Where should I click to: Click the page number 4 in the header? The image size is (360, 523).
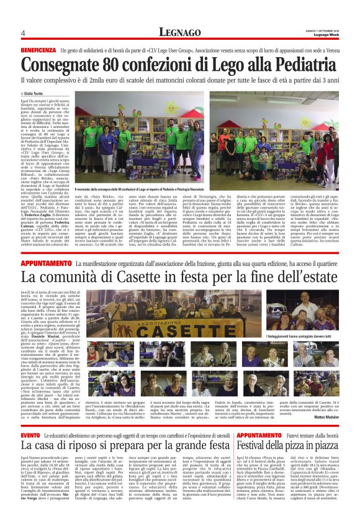pyautogui.click(x=23, y=33)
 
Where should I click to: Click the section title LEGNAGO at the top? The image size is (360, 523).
pyautogui.click(x=179, y=32)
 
